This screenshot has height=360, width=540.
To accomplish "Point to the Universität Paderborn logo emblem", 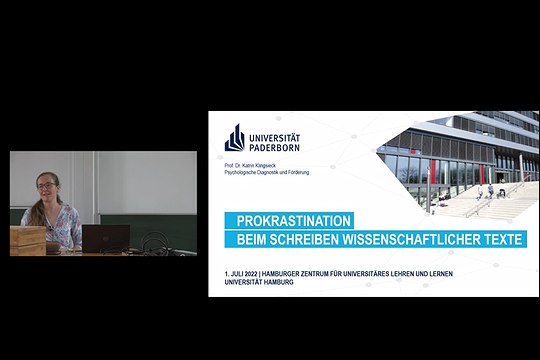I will click(234, 137).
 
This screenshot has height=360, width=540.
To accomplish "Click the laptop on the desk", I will click(105, 238).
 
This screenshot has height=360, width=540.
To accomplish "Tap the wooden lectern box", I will click(27, 240).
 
